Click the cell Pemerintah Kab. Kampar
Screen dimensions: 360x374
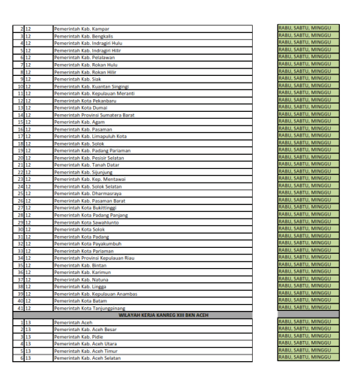pyautogui.click(x=82, y=29)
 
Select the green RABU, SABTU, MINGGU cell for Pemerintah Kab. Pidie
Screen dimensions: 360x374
pyautogui.click(x=308, y=336)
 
